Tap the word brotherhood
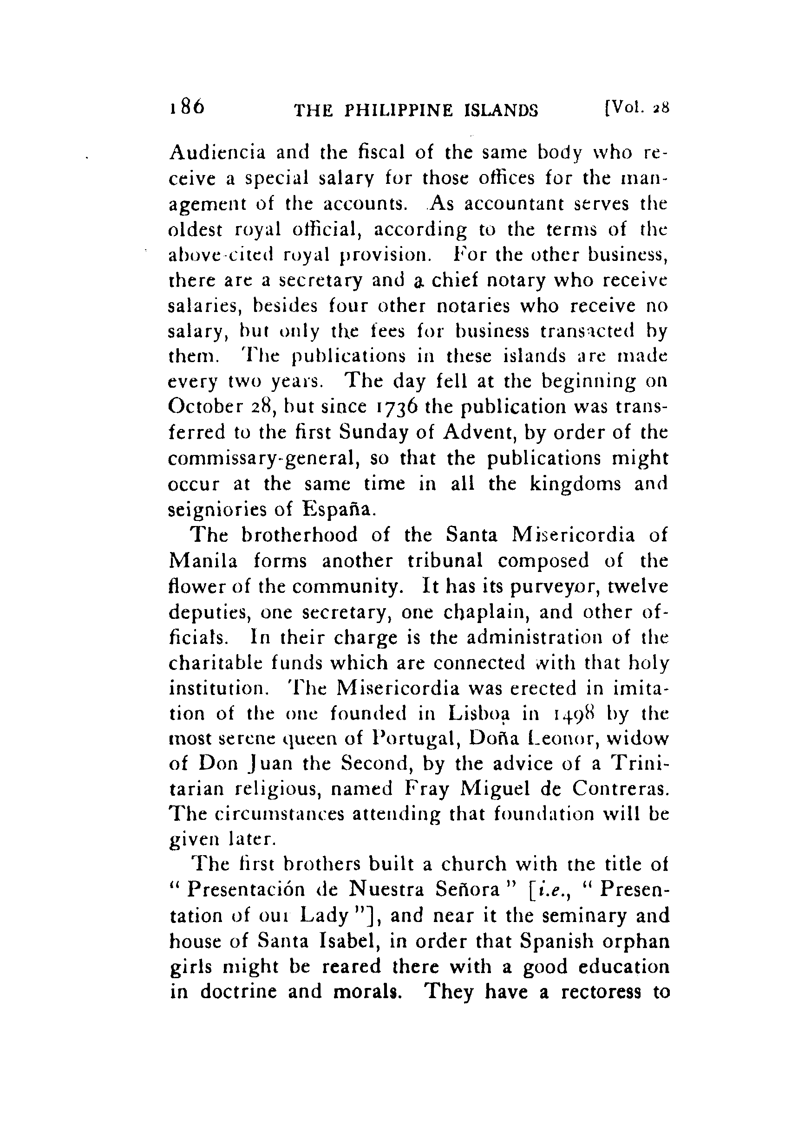click(x=299, y=535)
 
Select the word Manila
click(x=203, y=561)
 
